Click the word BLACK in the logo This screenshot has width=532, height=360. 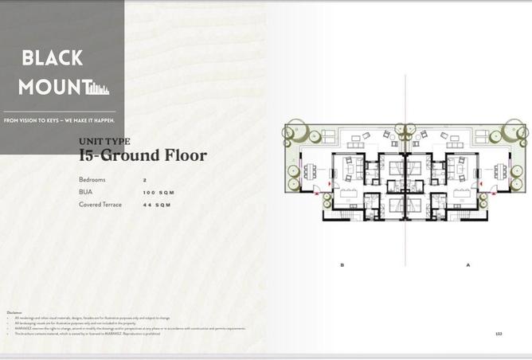point(52,58)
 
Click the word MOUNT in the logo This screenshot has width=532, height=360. point(49,87)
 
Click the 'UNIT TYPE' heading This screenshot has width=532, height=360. point(104,141)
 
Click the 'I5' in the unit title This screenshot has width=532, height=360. point(88,156)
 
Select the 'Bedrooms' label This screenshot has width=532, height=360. point(92,180)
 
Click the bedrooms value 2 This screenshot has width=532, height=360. point(145,180)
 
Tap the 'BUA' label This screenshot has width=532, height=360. point(84,193)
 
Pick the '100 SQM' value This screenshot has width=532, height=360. point(158,193)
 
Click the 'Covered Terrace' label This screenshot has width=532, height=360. point(101,205)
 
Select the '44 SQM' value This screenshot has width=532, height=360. point(157,205)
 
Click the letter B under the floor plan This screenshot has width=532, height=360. point(342,264)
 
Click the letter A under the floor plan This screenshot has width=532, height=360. point(467,264)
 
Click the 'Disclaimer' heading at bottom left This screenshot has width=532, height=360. point(14,312)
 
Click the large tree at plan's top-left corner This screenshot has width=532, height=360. point(292,132)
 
